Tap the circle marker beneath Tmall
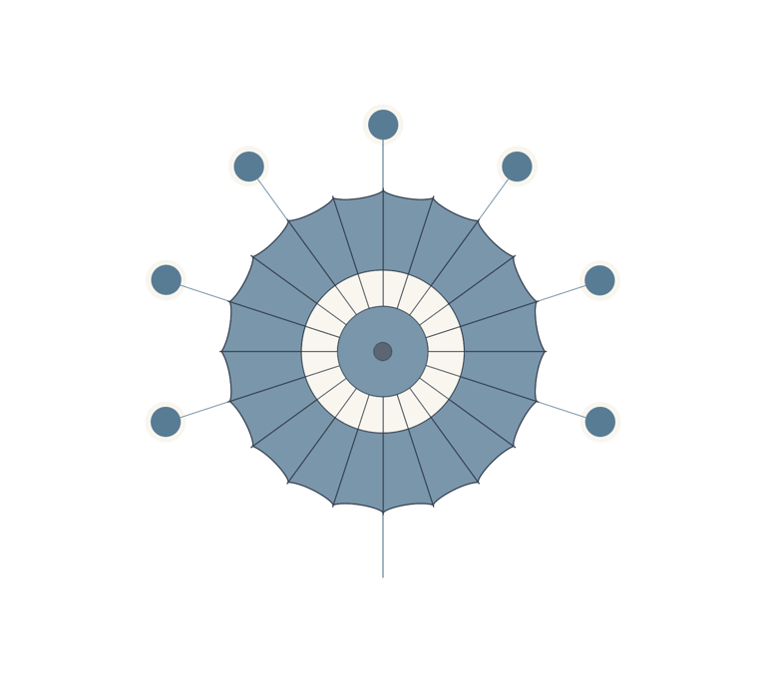tap(383, 126)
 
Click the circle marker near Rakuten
tap(517, 166)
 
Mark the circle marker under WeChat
tap(598, 280)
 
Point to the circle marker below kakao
tap(598, 422)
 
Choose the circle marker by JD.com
tap(167, 422)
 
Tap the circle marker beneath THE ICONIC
tap(166, 280)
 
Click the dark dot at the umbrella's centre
tap(382, 351)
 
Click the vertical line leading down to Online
tap(382, 546)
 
